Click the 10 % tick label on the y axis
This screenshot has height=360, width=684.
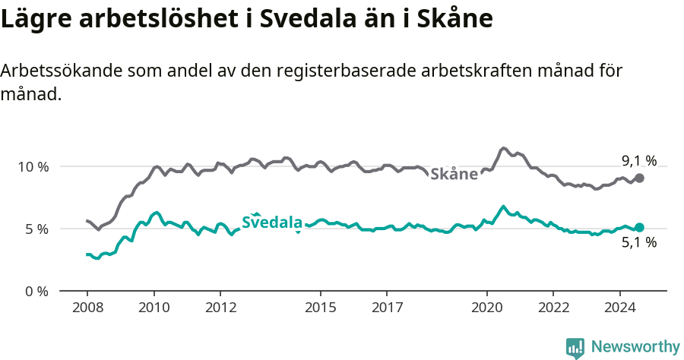point(32,166)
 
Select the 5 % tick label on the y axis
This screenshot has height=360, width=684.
point(36,229)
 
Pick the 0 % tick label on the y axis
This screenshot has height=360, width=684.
point(36,291)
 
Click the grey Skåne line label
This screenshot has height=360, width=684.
point(454,174)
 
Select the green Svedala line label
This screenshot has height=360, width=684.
point(272,223)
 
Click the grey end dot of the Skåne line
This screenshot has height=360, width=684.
point(639,178)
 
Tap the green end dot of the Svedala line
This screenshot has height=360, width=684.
point(639,227)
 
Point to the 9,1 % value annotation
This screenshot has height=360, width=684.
point(638,160)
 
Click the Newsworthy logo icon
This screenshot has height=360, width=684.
point(575,348)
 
